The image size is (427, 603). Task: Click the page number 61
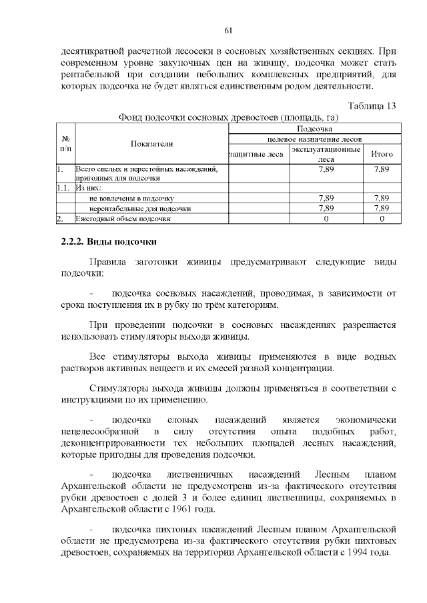click(x=228, y=30)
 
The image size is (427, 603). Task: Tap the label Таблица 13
click(x=373, y=105)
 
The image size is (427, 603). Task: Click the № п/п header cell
click(x=65, y=143)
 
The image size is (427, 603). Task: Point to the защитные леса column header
click(x=258, y=155)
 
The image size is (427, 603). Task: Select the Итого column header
click(x=382, y=155)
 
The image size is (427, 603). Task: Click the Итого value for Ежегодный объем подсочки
click(x=382, y=218)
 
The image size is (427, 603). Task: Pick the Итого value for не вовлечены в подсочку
click(x=382, y=198)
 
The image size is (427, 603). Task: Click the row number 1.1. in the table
click(x=63, y=188)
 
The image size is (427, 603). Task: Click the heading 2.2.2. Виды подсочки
click(x=109, y=241)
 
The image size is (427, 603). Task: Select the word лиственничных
click(x=199, y=474)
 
